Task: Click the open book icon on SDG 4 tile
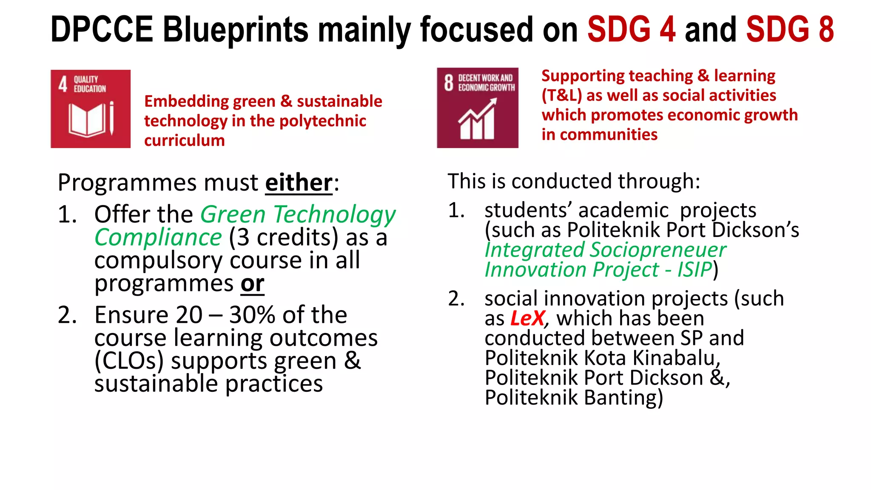pyautogui.click(x=88, y=120)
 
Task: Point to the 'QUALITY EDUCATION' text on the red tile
pyautogui.click(x=89, y=84)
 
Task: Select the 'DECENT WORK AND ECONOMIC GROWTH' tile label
pyautogui.click(x=486, y=83)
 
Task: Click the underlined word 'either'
pyautogui.click(x=299, y=183)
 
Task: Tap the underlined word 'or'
pyautogui.click(x=252, y=284)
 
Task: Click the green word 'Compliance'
pyautogui.click(x=158, y=237)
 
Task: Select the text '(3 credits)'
pyautogui.click(x=283, y=237)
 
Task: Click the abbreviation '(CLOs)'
pyautogui.click(x=129, y=361)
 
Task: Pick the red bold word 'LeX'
pyautogui.click(x=527, y=318)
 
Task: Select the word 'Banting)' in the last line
pyautogui.click(x=623, y=398)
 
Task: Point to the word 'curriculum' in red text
pyautogui.click(x=184, y=140)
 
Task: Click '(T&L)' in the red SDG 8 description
pyautogui.click(x=561, y=95)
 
